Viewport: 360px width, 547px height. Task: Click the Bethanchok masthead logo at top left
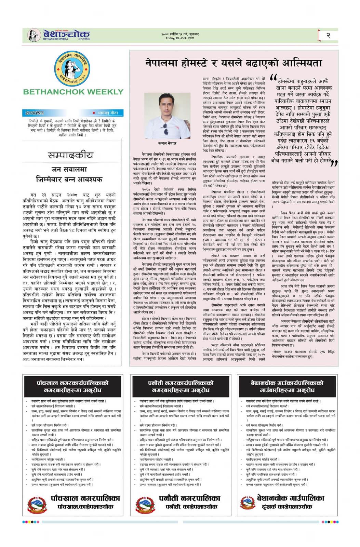pyautogui.click(x=59, y=35)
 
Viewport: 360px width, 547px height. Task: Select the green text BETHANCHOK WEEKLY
pyautogui.click(x=73, y=92)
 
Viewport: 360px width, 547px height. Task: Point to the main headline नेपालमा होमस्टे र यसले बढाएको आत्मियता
pyautogui.click(x=234, y=63)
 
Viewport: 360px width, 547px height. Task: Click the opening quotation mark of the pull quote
pyautogui.click(x=273, y=77)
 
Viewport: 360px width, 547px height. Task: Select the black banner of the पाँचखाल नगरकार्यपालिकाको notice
pyautogui.click(x=72, y=386)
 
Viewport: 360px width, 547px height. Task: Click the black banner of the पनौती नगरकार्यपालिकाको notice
pyautogui.click(x=180, y=386)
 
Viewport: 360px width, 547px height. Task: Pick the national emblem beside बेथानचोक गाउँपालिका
pyautogui.click(x=248, y=502)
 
